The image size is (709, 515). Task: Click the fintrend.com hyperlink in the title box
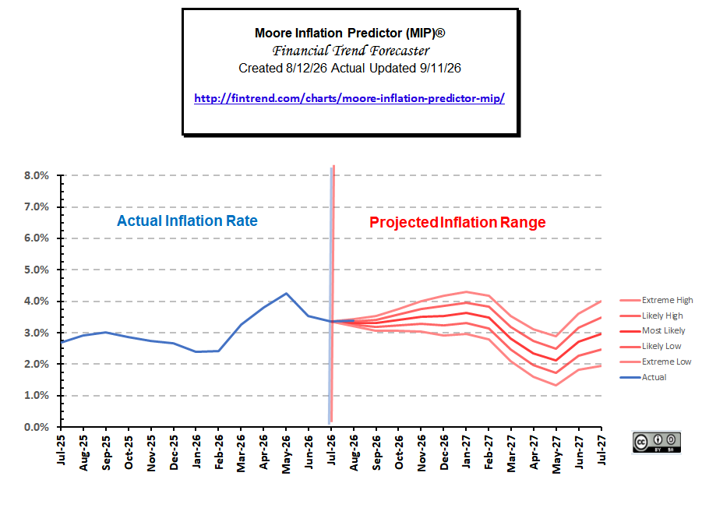349,98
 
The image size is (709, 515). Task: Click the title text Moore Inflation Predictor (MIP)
350,33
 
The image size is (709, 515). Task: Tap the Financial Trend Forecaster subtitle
351,50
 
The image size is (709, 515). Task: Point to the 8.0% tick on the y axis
36,175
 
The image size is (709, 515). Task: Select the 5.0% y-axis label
36,270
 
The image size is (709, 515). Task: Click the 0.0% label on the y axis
36,427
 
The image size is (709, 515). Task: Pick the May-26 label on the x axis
286,454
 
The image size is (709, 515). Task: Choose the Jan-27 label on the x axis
466,452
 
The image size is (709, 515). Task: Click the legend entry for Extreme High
656,300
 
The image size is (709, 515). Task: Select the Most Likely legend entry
652,331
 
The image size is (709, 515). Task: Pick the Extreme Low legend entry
655,362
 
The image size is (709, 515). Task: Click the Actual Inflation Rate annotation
187,220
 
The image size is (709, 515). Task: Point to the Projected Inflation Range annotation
457,223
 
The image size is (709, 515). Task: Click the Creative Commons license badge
657,443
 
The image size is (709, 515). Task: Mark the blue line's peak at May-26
286,294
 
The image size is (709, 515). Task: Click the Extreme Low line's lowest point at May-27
556,385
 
